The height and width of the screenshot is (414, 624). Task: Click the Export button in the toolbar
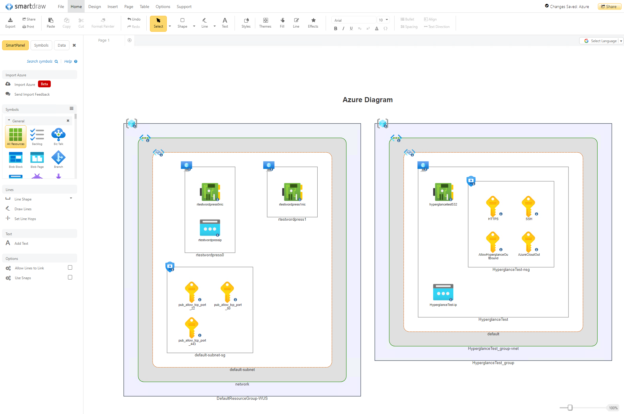pos(10,23)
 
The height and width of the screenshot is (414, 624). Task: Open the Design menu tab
pos(94,7)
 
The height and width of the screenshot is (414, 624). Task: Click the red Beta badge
pos(44,84)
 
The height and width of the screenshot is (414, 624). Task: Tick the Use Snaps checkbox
pos(70,277)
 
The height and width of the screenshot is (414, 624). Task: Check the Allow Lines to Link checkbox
pos(70,268)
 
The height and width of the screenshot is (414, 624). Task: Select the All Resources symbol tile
pos(16,136)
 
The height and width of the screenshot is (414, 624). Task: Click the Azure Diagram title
pos(368,100)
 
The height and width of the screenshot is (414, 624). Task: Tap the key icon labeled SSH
pos(528,206)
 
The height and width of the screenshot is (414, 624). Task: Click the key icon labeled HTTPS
pos(493,206)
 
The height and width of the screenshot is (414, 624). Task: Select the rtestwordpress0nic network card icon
pos(210,192)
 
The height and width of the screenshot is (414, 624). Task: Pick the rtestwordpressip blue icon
pos(210,228)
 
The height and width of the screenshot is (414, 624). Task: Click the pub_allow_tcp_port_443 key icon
pos(192,327)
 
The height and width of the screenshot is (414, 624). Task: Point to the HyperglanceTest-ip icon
pos(443,292)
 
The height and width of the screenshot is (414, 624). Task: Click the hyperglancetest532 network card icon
pos(443,192)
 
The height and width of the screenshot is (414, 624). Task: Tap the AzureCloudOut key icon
pos(528,241)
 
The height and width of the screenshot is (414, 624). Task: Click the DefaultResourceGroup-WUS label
pos(242,398)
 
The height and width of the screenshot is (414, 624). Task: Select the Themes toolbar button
pos(265,23)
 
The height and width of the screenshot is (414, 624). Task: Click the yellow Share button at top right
pos(609,7)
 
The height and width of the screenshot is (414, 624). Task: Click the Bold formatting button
pos(335,29)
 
